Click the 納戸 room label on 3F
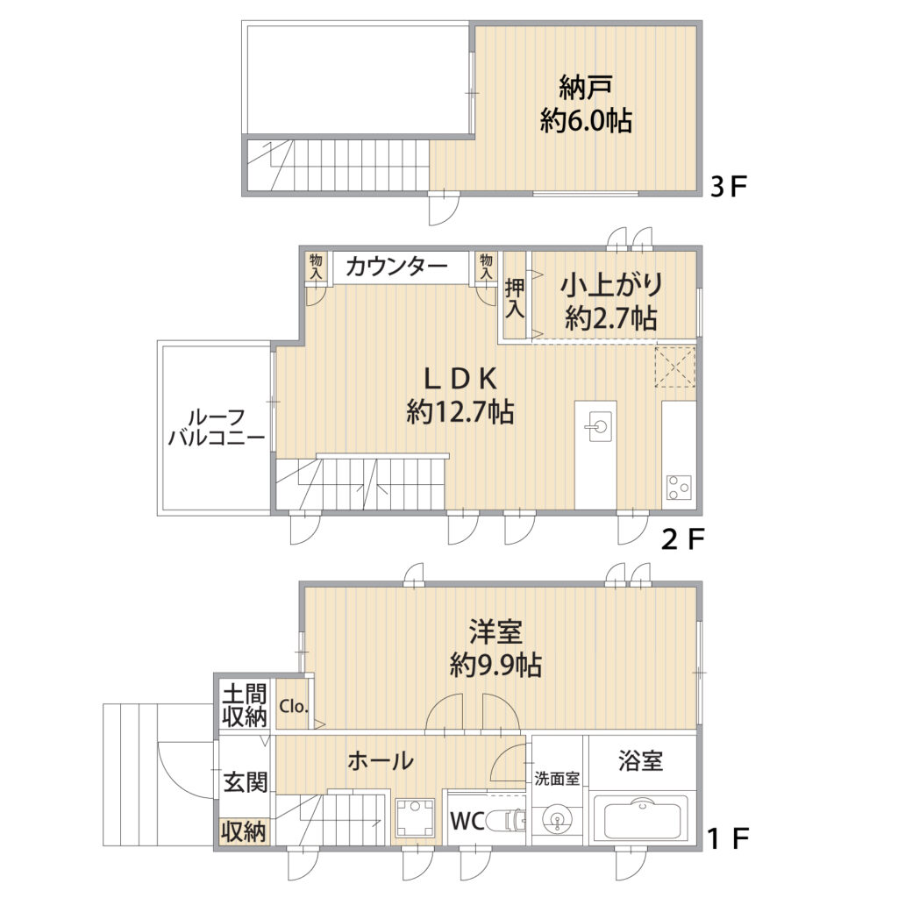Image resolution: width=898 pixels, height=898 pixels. (585, 87)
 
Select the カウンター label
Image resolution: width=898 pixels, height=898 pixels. (396, 267)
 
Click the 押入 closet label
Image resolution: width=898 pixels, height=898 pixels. (514, 298)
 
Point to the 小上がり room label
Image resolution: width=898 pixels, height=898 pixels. (611, 286)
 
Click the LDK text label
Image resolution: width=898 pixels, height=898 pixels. (460, 378)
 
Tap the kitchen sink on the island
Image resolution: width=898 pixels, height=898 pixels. (599, 427)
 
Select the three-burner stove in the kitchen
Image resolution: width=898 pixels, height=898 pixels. (679, 488)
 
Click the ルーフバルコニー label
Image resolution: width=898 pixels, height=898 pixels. (217, 428)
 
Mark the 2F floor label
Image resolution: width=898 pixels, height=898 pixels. (682, 539)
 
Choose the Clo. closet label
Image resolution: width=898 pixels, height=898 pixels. (294, 706)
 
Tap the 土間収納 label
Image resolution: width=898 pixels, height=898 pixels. (245, 705)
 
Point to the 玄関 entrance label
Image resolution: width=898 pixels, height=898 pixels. (246, 782)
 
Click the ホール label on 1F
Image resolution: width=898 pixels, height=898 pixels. (381, 761)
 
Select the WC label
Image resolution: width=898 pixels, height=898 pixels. (467, 821)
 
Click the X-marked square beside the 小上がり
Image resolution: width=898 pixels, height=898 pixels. (676, 367)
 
